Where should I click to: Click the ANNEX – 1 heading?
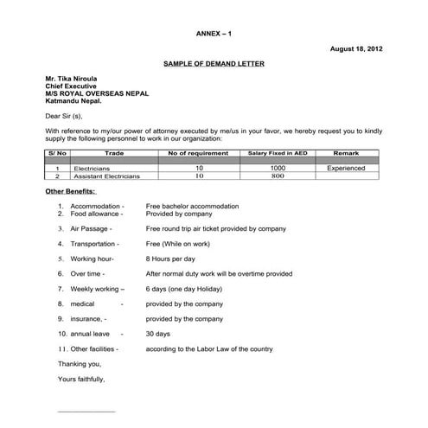(214, 33)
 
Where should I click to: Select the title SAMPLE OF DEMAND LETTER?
(214, 65)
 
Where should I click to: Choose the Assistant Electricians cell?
(105, 176)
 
